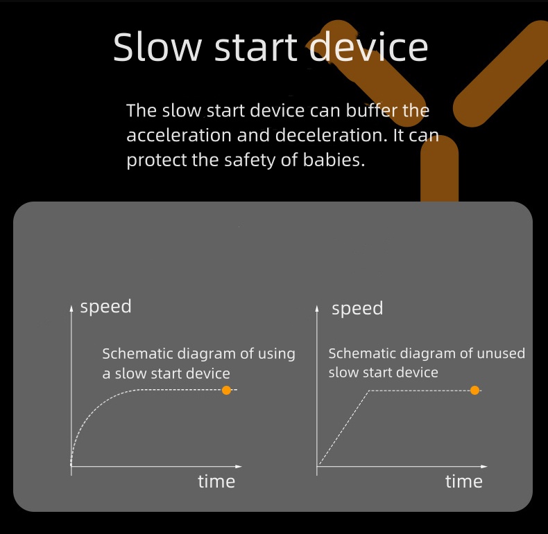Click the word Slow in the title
[x=157, y=47]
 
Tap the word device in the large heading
[x=369, y=47]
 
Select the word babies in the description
[x=334, y=160]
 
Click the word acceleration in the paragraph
[x=179, y=135]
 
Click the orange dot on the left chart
[x=226, y=390]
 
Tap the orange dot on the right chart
[x=474, y=390]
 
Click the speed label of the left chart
[x=105, y=307]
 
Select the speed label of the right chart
[x=357, y=309]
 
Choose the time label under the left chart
[x=216, y=481]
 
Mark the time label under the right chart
[x=464, y=481]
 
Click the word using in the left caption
[x=277, y=354]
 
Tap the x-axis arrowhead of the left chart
[x=239, y=466]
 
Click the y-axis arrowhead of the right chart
[x=317, y=308]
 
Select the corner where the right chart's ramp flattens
[x=369, y=391]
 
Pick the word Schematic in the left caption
[x=138, y=353]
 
